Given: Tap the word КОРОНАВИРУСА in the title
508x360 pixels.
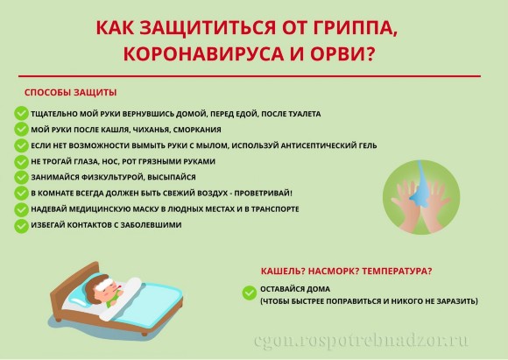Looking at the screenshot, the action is pos(204,53).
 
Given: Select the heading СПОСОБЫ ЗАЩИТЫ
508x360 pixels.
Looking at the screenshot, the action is pos(70,92).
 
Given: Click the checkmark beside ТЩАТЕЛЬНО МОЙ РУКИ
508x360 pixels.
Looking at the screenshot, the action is pos(21,113).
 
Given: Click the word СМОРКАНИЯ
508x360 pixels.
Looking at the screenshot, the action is pos(197,130).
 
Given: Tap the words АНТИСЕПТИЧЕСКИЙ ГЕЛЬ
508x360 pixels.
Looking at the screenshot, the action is pos(328,145).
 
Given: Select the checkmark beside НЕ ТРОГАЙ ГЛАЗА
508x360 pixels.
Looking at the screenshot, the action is pos(21,161).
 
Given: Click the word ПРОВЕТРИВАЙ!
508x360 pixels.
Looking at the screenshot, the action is pos(263,193).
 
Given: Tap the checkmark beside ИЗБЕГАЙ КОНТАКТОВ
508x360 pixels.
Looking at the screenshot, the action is pos(21,225).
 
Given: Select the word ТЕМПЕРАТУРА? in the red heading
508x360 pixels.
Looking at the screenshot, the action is pos(397,271).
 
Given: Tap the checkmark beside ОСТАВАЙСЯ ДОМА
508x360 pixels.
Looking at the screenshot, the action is pos(249,293).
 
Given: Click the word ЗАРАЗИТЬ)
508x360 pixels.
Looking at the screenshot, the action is pos(457,301).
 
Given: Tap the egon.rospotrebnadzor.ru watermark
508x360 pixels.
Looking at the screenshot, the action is pos(361,341).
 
